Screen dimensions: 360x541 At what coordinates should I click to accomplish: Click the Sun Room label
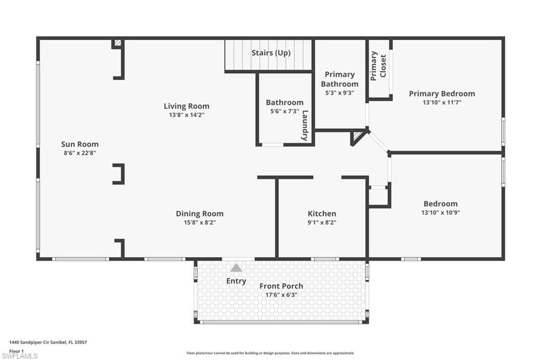(80, 144)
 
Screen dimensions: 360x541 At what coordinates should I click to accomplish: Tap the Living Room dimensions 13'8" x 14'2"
(186, 115)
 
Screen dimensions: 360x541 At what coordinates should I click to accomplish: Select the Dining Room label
(200, 214)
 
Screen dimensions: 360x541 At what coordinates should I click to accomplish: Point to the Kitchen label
(322, 214)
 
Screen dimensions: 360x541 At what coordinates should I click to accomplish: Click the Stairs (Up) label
(271, 53)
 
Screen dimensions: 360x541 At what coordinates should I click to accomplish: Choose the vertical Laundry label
(305, 125)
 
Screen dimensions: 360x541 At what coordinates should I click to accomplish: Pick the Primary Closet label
(378, 66)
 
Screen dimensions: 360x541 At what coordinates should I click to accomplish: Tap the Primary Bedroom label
(442, 94)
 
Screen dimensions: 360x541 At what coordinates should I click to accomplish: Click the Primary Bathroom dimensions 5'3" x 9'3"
(339, 92)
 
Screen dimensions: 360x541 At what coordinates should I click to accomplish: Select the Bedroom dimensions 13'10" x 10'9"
(441, 212)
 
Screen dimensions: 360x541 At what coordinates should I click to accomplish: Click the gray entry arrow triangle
(236, 268)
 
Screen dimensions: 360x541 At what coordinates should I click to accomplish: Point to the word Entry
(236, 281)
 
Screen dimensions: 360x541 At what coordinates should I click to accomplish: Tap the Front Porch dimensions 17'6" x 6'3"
(281, 295)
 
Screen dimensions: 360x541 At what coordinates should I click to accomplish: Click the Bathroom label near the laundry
(285, 102)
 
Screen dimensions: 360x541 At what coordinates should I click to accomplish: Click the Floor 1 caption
(17, 350)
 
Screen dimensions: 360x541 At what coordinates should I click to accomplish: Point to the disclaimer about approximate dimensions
(270, 353)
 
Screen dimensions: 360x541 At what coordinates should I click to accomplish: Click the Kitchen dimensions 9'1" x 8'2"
(322, 222)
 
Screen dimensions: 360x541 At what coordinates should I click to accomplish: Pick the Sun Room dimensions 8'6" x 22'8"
(80, 153)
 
